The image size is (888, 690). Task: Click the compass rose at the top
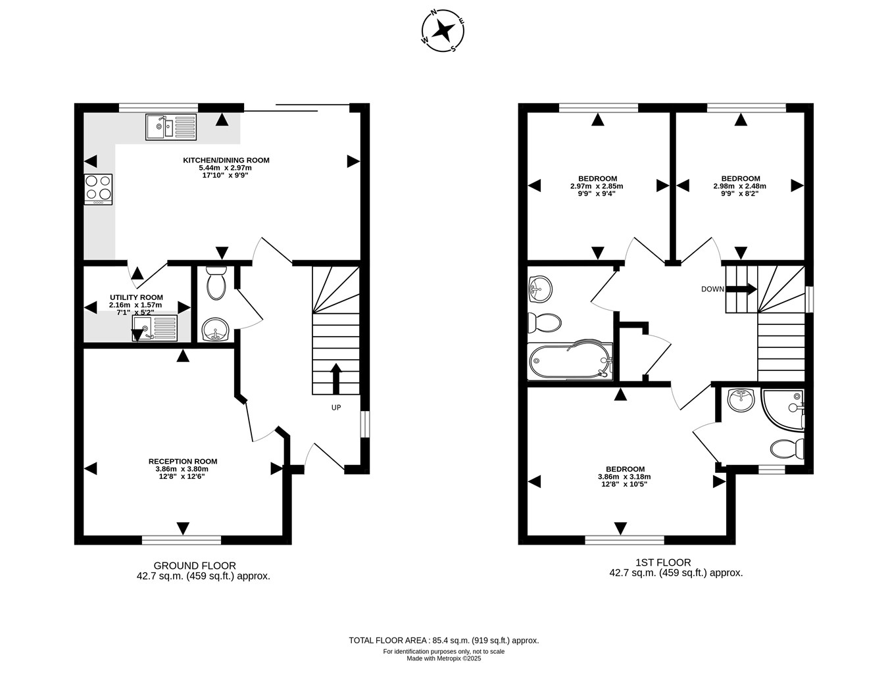point(443,31)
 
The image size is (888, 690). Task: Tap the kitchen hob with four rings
point(98,189)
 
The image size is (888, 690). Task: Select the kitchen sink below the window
point(171,127)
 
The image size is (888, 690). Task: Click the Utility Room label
point(136,297)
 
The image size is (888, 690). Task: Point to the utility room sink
point(155,328)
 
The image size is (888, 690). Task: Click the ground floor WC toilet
point(216,283)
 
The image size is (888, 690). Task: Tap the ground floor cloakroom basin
point(215,330)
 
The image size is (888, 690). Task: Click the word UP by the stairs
point(336,407)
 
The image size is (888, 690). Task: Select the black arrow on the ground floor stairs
point(336,378)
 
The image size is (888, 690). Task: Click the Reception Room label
point(183,461)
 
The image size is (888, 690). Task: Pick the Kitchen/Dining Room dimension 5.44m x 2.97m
point(225,168)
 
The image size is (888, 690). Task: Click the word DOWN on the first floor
point(712,289)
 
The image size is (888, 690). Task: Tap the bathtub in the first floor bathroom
point(570,361)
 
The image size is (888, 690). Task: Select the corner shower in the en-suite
point(783,410)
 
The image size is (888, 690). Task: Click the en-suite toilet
point(787,449)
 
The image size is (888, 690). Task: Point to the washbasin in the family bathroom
point(540,289)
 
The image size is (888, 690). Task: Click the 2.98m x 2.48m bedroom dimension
point(739,186)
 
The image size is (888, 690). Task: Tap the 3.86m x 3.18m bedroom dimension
point(624,477)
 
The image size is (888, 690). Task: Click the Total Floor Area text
point(444,641)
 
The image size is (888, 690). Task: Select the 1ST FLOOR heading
point(663,562)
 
